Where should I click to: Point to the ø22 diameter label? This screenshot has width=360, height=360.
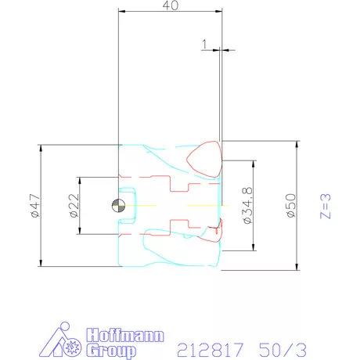pyautogui.click(x=73, y=205)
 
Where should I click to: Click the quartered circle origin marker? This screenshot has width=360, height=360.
pyautogui.click(x=116, y=206)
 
